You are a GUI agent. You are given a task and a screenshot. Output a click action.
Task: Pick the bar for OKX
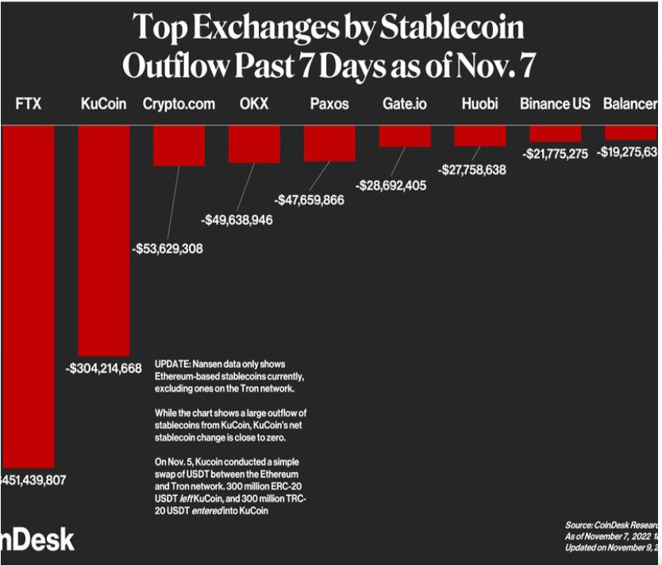(254, 144)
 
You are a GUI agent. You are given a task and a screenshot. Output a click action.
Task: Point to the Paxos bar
(329, 143)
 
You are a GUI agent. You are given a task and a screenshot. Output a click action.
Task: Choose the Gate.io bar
(405, 136)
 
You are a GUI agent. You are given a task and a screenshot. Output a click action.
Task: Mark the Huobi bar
(479, 135)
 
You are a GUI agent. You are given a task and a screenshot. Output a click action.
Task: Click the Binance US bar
(555, 133)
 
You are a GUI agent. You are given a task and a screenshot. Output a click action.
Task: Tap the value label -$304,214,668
(103, 367)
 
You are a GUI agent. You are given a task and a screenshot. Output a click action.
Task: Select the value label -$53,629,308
(167, 248)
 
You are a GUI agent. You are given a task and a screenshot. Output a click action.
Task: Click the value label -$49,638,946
(237, 219)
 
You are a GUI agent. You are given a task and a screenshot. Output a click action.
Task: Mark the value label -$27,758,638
(471, 170)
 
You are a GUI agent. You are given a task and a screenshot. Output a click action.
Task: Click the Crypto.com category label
(179, 104)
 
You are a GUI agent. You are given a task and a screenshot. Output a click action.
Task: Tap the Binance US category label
(555, 104)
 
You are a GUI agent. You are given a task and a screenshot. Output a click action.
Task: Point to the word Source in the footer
(578, 525)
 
